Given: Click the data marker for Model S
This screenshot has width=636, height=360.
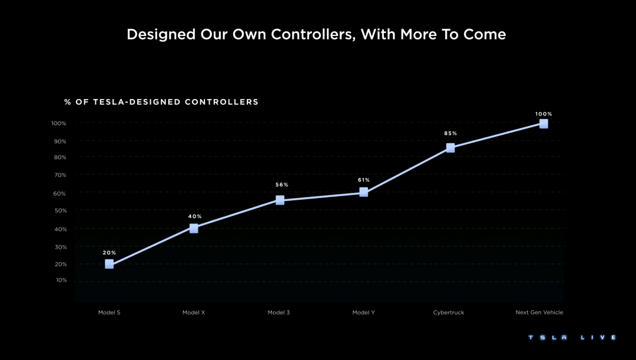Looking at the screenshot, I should pos(109,264).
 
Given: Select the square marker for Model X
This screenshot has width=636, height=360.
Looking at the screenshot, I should pos(194,228).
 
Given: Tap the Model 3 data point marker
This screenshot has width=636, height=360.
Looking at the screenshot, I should pos(280,200).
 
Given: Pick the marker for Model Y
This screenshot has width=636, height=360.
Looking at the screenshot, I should pos(363,192).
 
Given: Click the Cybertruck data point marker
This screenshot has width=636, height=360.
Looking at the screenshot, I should pos(450,148).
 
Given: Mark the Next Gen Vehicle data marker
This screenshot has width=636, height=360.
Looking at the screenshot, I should pos(544,124).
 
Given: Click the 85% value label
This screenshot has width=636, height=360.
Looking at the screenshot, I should pos(450,134).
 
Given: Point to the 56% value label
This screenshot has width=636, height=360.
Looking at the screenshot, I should pos(282,185).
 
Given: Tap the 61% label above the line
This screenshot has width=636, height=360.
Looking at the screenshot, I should pos(363,180).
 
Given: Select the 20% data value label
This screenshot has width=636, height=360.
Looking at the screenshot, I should pos(110,253).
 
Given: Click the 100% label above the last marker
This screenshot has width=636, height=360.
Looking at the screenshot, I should pos(544,114).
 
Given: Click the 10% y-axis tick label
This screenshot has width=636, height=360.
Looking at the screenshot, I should pos(61,280).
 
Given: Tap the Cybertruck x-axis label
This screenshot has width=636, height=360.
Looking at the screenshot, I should pos(449,312).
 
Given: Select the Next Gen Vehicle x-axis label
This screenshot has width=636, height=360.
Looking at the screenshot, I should pos(539,312).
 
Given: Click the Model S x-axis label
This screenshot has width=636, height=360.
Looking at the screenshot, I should pos(110,312).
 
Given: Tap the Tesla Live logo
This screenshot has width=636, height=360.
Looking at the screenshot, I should pos(572,338).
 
